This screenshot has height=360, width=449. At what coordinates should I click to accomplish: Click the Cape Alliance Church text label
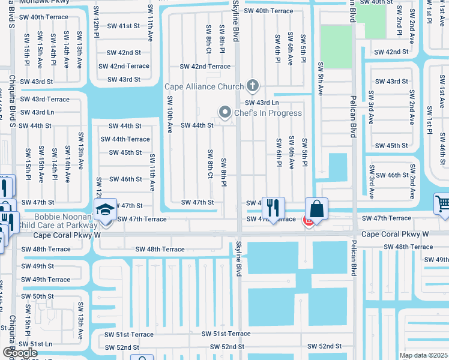coord(204,86)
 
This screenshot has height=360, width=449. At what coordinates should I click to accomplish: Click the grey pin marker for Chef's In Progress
coord(225,112)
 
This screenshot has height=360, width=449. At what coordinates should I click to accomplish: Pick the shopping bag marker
coord(316,209)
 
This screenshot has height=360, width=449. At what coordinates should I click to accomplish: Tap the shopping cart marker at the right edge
coord(442,205)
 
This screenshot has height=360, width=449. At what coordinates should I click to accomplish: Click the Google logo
coord(19,353)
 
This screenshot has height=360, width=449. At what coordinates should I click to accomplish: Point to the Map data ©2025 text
coord(423,355)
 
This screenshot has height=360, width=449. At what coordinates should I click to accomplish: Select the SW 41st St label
coord(124,26)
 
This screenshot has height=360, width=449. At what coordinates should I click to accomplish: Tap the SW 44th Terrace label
coord(125,139)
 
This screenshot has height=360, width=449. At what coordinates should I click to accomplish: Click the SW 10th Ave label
coord(170,114)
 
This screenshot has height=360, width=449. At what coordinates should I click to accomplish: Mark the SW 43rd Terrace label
coord(45,99)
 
